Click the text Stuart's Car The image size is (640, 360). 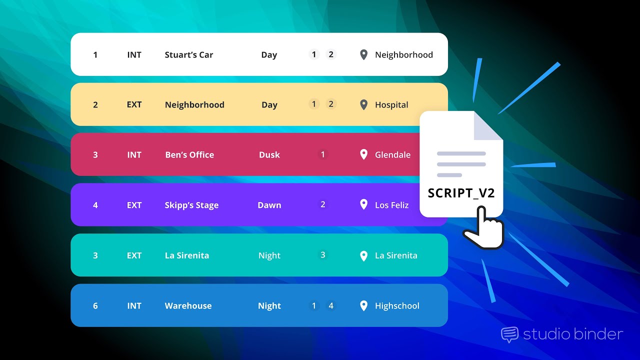point(188,55)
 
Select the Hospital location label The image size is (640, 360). point(391,105)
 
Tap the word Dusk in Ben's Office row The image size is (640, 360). point(269,155)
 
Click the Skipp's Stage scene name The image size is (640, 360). point(191,205)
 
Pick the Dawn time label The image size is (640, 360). point(269,205)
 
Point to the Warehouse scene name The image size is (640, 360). point(188,306)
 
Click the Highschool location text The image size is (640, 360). point(397,306)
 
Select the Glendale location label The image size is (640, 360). point(392,155)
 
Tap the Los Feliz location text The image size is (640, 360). point(391,205)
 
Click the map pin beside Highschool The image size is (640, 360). point(364,305)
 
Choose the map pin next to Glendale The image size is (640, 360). point(364,154)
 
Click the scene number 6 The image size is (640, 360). point(95,306)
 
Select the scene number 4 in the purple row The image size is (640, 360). point(95,205)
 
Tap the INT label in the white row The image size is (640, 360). point(134,55)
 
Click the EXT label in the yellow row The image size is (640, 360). point(134,105)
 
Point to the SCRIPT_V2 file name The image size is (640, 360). point(461,193)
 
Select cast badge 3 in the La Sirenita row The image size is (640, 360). point(322,255)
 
